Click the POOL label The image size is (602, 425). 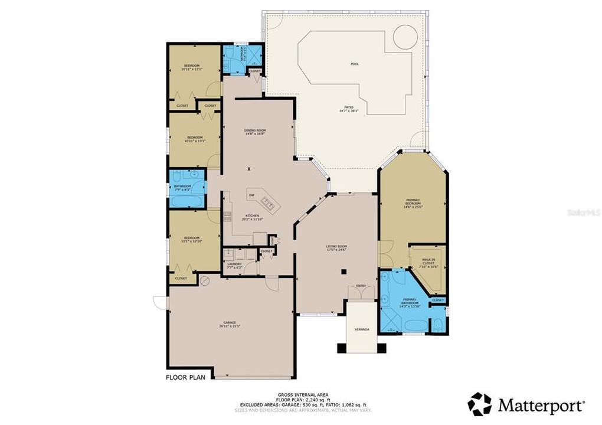click(355, 64)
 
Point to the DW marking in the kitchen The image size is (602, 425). click(251, 195)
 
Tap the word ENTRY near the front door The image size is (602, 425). click(361, 287)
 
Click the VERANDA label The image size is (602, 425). click(362, 329)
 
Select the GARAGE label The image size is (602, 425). click(230, 322)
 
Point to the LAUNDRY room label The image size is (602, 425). click(234, 265)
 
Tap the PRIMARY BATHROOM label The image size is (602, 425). click(410, 303)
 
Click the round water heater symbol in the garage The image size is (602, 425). click(205, 280)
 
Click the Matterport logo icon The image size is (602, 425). click(479, 405)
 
